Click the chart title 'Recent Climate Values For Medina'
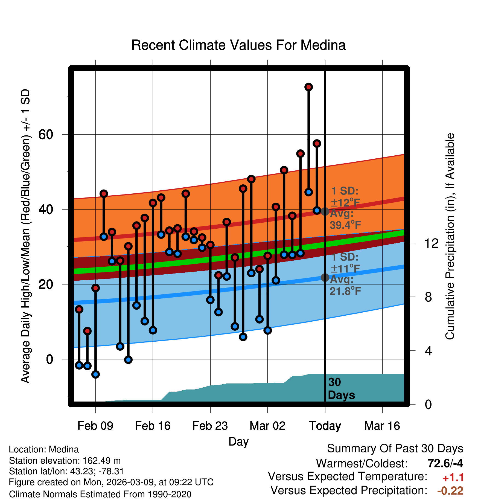[x=238, y=45]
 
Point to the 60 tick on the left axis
[x=46, y=135]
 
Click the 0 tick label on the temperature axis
[x=49, y=359]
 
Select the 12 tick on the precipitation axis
[x=432, y=243]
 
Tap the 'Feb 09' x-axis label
[x=95, y=426]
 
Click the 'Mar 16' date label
[x=382, y=426]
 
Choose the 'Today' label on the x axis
[x=325, y=426]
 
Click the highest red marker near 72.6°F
[x=308, y=87]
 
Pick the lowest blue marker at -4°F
[x=95, y=374]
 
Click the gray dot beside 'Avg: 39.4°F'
[x=325, y=211]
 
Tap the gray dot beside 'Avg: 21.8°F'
[x=325, y=278]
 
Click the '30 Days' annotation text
[x=341, y=389]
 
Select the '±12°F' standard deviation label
[x=345, y=203]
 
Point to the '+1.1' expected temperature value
[x=453, y=478]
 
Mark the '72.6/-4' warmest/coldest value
[x=445, y=463]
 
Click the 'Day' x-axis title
[x=238, y=441]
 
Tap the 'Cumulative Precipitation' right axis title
[x=450, y=236]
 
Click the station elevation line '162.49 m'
[x=65, y=461]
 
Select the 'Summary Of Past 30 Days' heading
[x=395, y=449]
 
